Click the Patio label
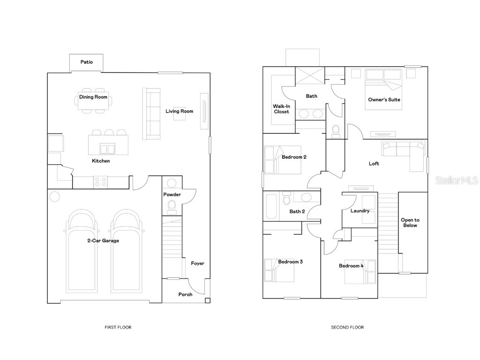[x=87, y=62]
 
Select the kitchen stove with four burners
[x=100, y=182]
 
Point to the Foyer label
[x=197, y=263]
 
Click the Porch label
[x=186, y=294]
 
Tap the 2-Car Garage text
[x=103, y=240]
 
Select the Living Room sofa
[x=151, y=114]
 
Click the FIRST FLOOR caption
[x=118, y=327]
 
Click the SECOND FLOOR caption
[x=347, y=327]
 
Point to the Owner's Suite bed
[x=383, y=89]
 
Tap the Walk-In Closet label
[x=282, y=109]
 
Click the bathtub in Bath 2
[x=271, y=206]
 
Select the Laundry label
[x=360, y=210]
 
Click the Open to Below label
[x=410, y=223]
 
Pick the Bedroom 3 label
[x=291, y=262]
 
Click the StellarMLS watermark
[x=457, y=180]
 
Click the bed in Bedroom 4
[x=360, y=272]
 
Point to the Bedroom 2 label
[x=294, y=157]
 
